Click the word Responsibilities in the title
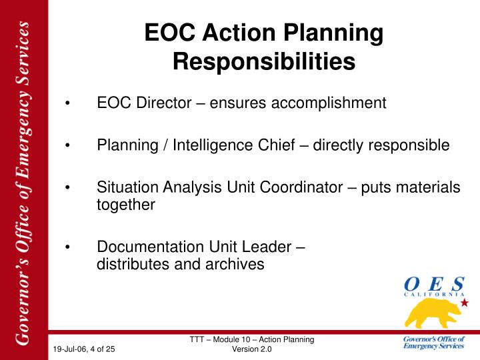point(264,62)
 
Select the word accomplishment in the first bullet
point(329,103)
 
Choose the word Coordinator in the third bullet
point(301,187)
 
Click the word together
point(126,205)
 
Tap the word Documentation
point(151,247)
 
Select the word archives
point(235,265)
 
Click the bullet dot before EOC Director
point(67,103)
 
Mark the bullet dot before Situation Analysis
point(67,187)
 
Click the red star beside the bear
point(465,303)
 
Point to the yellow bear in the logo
point(433,313)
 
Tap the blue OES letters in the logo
point(435,284)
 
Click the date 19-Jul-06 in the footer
point(70,349)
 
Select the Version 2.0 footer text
point(251,349)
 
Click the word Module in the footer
point(225,339)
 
